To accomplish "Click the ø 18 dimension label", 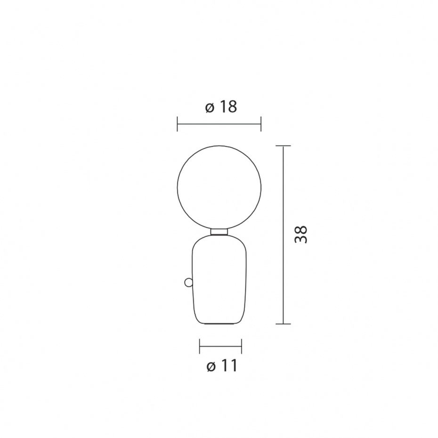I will (x=221, y=107).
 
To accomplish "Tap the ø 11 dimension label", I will (x=221, y=366).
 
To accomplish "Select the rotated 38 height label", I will (x=300, y=234).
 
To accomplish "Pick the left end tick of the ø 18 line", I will (x=177, y=125).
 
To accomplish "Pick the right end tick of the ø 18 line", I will (x=260, y=125).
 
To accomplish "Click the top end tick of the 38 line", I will (x=283, y=146).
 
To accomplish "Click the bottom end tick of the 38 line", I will (x=283, y=324).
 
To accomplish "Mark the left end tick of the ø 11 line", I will (x=200, y=346).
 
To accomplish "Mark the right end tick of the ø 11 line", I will (x=241, y=346).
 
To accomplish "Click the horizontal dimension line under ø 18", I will (x=219, y=125).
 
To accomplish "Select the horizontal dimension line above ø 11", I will (x=220, y=346).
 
